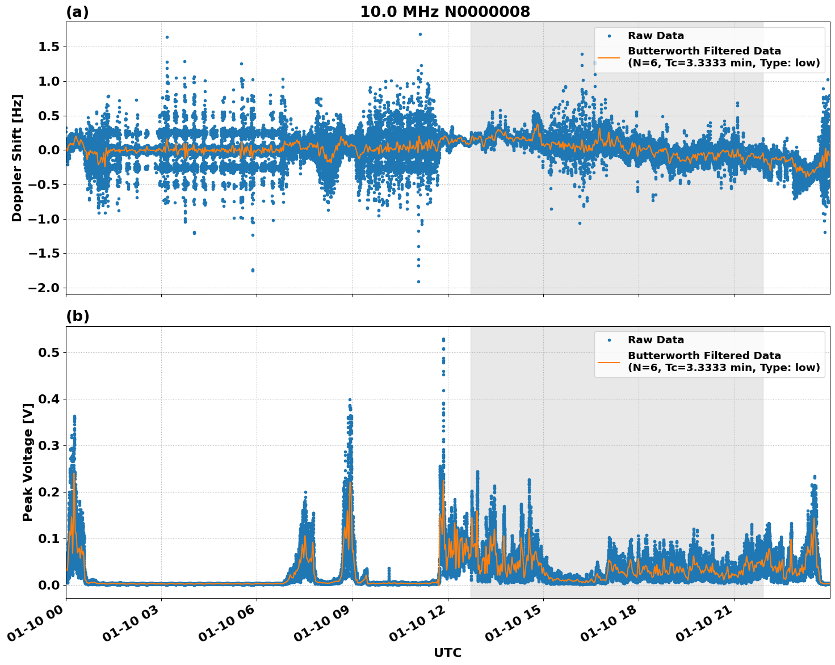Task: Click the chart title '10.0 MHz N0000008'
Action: [x=445, y=12]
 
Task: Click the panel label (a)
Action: [x=77, y=12]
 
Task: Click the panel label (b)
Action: [x=77, y=316]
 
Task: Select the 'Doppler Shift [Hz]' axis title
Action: [x=17, y=158]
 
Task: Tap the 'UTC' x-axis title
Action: [x=447, y=653]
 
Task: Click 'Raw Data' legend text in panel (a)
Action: [x=656, y=36]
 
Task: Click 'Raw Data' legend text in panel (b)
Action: [x=656, y=340]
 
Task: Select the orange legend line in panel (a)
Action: [x=609, y=57]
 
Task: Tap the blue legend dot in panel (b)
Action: [x=609, y=340]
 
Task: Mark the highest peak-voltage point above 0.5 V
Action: [x=443, y=339]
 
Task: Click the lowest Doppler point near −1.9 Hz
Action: [x=418, y=281]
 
